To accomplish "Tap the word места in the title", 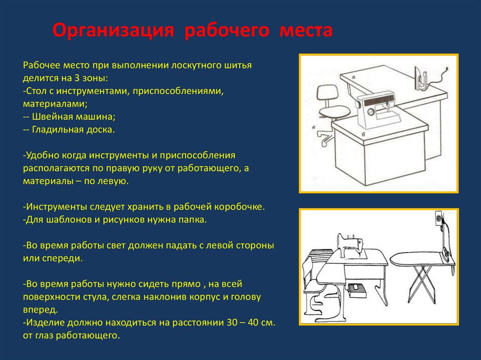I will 306,31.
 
